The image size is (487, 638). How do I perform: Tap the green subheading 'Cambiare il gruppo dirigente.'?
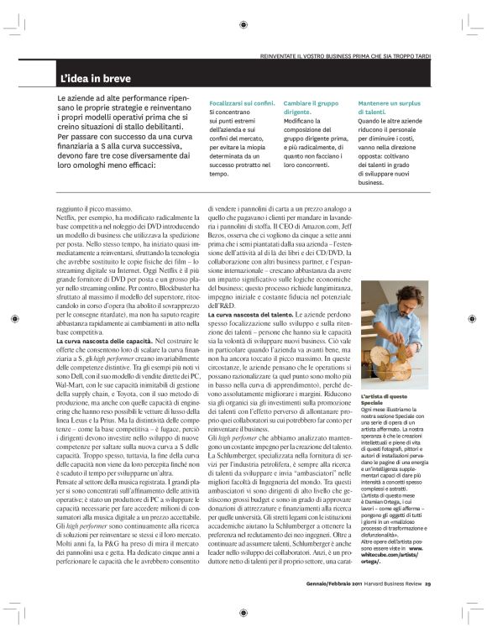(317, 106)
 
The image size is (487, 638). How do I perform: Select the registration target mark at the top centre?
(243, 24)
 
